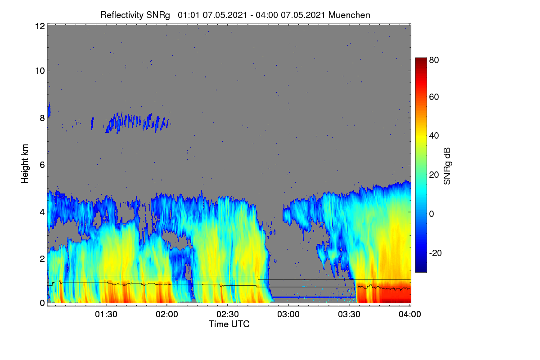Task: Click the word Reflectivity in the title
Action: [122, 15]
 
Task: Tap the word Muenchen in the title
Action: [349, 15]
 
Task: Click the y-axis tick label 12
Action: [40, 26]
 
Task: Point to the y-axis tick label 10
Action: [40, 71]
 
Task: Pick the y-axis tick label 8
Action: [42, 118]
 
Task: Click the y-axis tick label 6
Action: [42, 165]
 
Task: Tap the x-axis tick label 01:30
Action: [106, 315]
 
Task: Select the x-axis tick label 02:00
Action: [167, 315]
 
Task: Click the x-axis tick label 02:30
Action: [228, 315]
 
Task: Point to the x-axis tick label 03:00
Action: [288, 315]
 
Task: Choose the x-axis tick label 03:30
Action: [349, 315]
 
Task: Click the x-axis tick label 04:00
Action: [410, 315]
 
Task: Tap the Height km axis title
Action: [25, 164]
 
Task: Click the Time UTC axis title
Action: [229, 324]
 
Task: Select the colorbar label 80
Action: [434, 60]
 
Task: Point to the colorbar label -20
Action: [436, 253]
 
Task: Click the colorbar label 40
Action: [434, 136]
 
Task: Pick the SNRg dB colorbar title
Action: [447, 166]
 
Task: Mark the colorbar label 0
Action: [432, 214]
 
